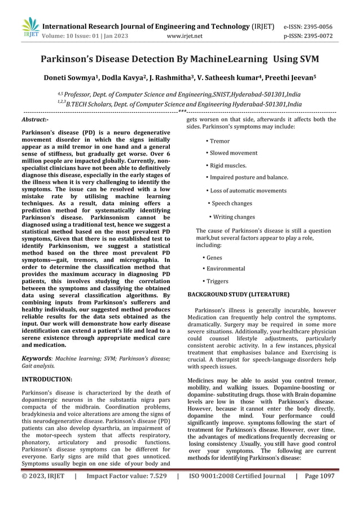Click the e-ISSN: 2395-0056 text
click(308, 27)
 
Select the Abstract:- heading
click(34, 120)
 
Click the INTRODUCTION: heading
click(46, 379)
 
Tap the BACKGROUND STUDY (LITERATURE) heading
click(238, 295)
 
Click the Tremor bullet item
click(219, 141)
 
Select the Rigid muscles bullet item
click(228, 165)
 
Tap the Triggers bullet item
click(217, 281)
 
